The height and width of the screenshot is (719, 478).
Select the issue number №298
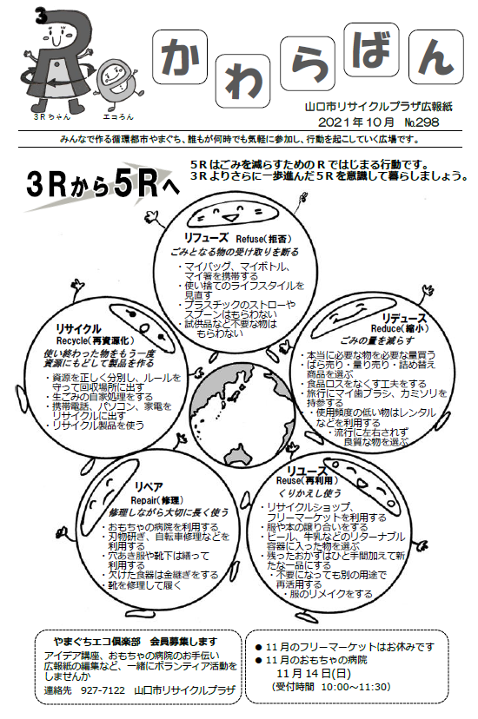coord(422,122)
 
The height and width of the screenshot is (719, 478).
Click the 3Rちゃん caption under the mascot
coord(52,117)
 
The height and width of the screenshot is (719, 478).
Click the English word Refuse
coord(249,239)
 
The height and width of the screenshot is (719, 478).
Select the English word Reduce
coord(385,328)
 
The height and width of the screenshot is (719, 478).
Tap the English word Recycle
coord(71,340)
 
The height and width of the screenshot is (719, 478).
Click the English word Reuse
coord(289,480)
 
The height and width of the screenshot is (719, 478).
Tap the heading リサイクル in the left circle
coord(78,329)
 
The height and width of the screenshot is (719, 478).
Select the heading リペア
coord(149,487)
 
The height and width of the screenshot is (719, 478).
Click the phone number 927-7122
coord(103,690)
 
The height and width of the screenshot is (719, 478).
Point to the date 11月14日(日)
coord(314,673)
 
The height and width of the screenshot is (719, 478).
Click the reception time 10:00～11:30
coord(355,687)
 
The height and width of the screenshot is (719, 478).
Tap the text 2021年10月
coord(356,122)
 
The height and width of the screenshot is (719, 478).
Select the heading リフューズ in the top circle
coord(206,238)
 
